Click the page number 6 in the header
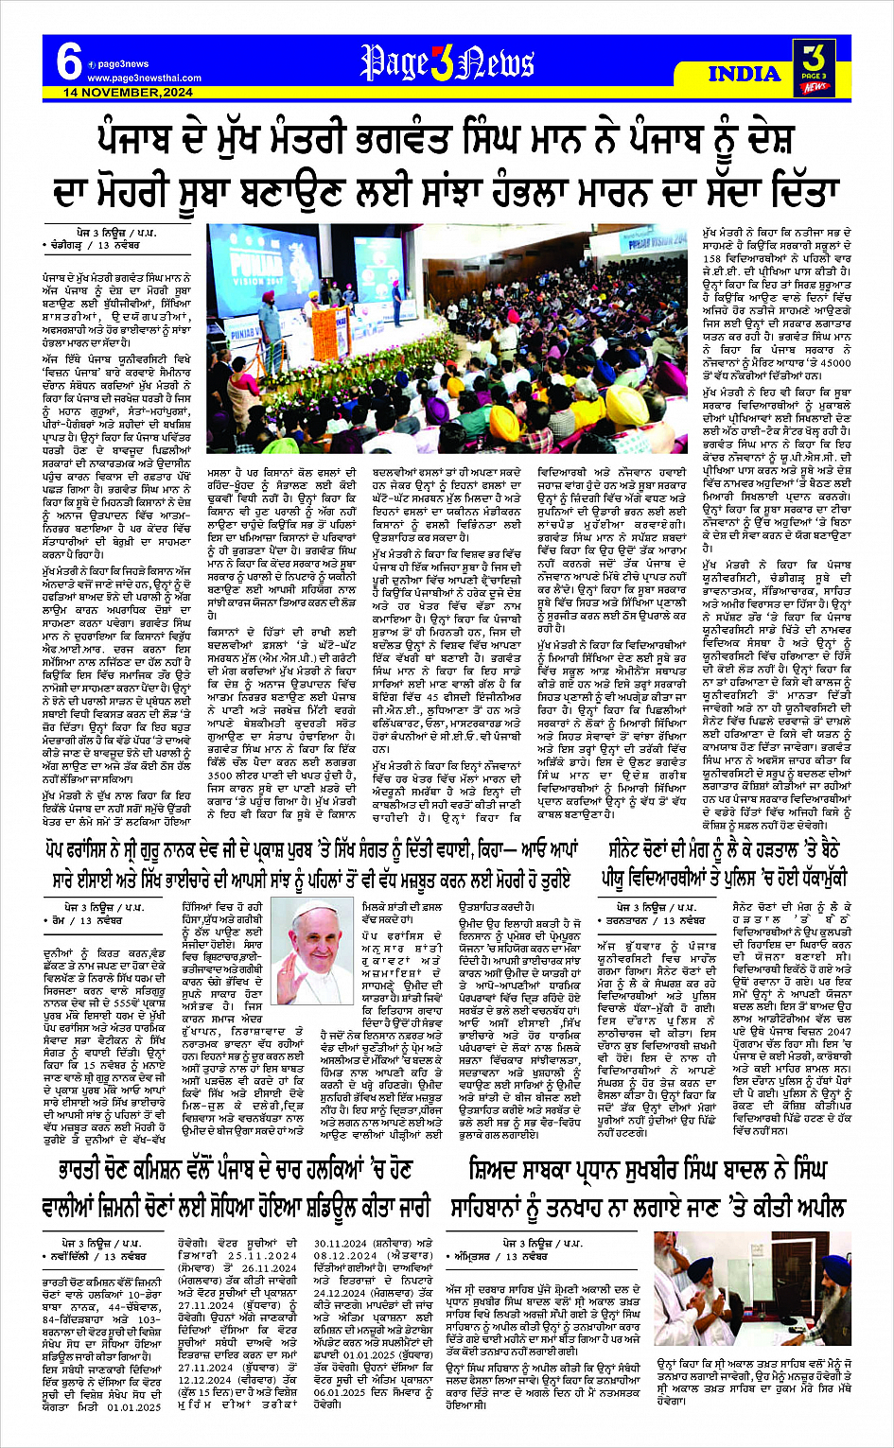coord(69,62)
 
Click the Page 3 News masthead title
coord(447,64)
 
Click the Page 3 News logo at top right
coord(815,67)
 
